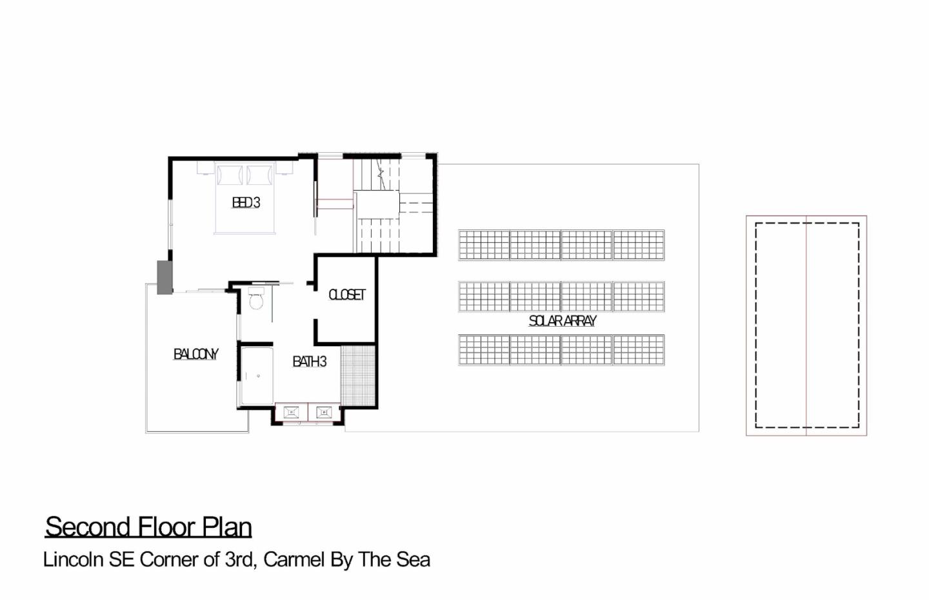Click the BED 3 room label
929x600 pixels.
click(246, 202)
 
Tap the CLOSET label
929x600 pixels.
click(347, 295)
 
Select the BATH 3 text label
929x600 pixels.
click(310, 362)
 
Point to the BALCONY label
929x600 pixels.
click(195, 354)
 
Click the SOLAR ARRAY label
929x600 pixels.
click(563, 320)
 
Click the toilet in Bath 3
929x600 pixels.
click(256, 300)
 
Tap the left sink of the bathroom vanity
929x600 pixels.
click(291, 412)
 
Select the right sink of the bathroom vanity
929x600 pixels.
click(324, 412)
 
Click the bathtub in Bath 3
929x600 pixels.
click(257, 376)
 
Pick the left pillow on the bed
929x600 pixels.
click(229, 175)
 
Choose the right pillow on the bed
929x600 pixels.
click(260, 175)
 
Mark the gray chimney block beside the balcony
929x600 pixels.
click(165, 277)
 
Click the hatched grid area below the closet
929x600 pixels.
click(358, 376)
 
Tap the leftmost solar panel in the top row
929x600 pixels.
click(484, 245)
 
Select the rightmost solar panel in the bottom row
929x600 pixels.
click(639, 350)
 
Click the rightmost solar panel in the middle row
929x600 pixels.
click(639, 296)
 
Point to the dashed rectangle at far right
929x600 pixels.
click(806, 325)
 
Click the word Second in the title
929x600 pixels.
click(86, 527)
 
